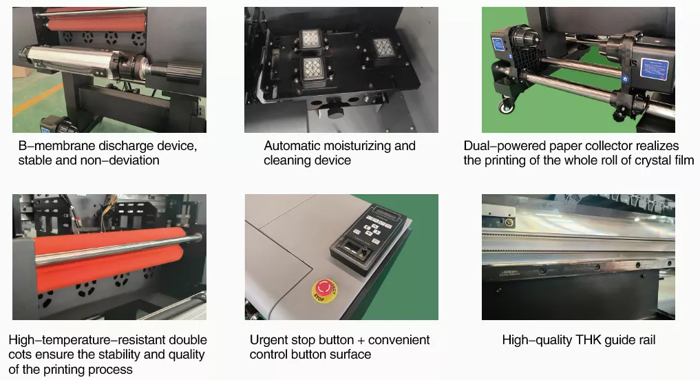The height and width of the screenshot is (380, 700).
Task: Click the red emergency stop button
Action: pyautogui.click(x=325, y=291)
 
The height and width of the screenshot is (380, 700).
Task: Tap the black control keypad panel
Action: pyautogui.click(x=368, y=238)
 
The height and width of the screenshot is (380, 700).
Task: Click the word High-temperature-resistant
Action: pyautogui.click(x=87, y=340)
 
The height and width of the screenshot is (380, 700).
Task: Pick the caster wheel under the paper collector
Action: pyautogui.click(x=506, y=106)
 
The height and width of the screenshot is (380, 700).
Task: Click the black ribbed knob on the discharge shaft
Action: pyautogui.click(x=184, y=72)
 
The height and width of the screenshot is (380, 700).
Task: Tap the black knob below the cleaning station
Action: pyautogui.click(x=336, y=110)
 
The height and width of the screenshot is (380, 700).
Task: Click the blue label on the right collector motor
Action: pyautogui.click(x=655, y=70)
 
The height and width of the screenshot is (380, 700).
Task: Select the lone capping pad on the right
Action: pyautogui.click(x=384, y=48)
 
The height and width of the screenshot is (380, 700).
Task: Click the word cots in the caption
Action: pyautogui.click(x=20, y=355)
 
